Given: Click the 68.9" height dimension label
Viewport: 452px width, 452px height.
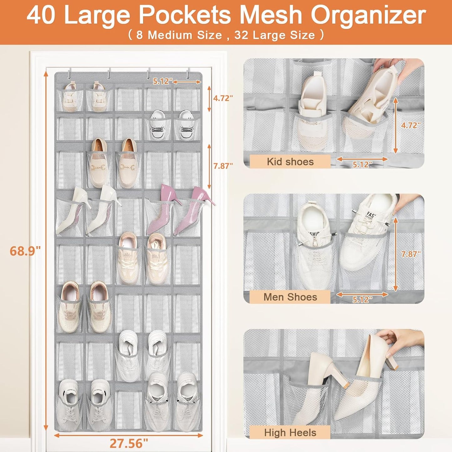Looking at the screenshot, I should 25,251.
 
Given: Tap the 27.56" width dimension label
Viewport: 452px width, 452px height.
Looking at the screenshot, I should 129,443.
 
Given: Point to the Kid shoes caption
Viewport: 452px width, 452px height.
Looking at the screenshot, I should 290,162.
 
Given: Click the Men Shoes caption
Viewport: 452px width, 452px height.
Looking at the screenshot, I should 290,297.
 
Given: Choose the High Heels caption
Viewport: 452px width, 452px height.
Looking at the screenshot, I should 290,433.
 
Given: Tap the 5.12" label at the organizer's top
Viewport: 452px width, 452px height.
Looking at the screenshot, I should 162,81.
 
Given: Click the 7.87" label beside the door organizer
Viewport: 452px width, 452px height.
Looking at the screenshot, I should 223,166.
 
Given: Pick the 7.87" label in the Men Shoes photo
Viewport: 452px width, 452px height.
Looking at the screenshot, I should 411,254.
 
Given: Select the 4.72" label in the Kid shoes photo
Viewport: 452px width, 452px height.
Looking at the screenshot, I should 411,125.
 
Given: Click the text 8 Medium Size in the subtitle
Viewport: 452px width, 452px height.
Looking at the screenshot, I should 179,35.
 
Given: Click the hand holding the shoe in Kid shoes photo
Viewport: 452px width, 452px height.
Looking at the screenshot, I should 389,67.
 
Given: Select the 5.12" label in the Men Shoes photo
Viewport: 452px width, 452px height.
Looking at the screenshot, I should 362,300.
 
